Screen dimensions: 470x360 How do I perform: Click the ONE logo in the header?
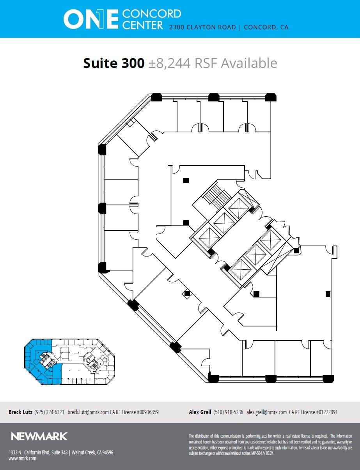pos(90,19)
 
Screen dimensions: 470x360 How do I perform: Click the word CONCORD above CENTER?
pos(151,14)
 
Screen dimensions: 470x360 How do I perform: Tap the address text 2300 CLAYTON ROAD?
pos(202,27)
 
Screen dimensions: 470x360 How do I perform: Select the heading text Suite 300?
pos(113,63)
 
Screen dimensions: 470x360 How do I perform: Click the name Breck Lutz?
pos(20,412)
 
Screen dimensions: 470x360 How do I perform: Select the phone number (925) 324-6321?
pos(49,412)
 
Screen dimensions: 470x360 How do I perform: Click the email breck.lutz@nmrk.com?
pos(88,412)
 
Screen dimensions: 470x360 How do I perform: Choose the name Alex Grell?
pos(200,412)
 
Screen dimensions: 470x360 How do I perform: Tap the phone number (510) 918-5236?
pos(228,412)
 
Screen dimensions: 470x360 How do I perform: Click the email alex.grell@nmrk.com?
pos(266,412)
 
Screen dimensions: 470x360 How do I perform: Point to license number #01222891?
pos(325,412)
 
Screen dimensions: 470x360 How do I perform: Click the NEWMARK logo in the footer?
pos(39,436)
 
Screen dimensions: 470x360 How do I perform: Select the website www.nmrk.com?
pos(22,459)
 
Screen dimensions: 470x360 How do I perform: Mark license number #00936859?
pos(145,412)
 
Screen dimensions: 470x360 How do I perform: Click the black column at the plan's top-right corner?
pos(271,98)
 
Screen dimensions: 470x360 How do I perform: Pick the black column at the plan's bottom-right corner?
pos(328,378)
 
